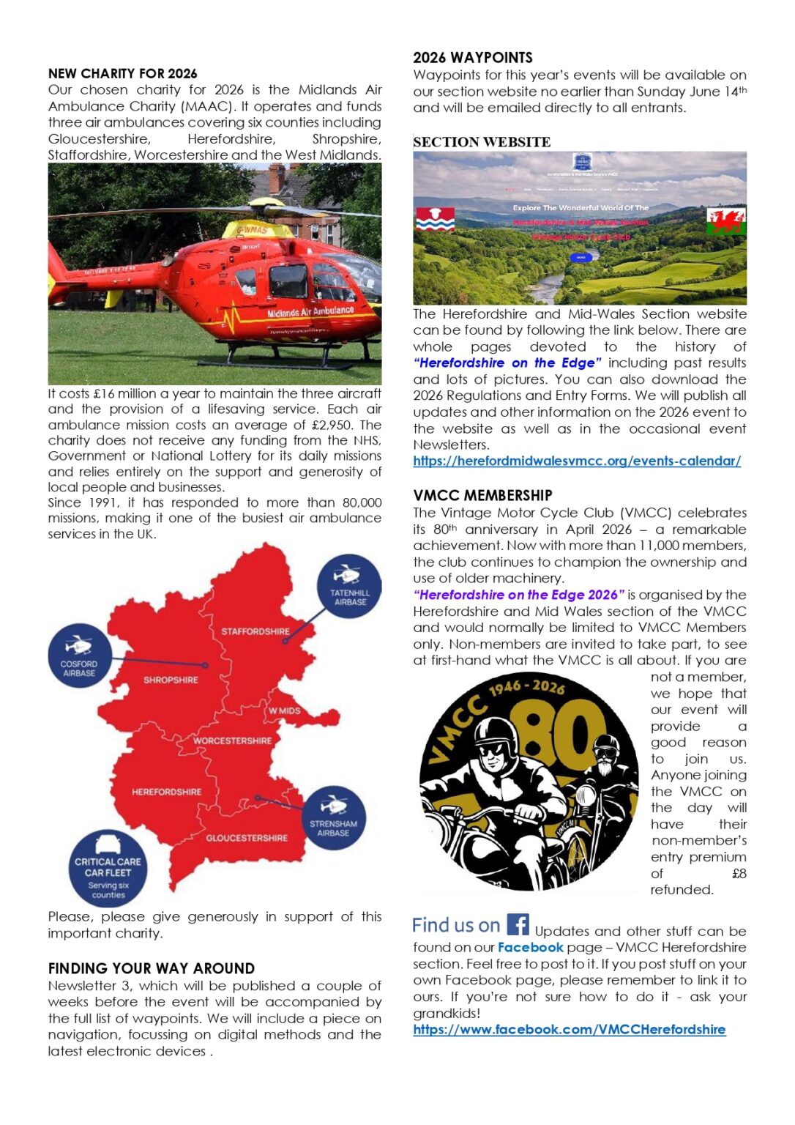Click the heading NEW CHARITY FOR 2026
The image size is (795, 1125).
click(122, 73)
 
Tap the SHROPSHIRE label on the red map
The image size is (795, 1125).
click(171, 680)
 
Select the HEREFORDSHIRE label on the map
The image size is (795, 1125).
click(166, 792)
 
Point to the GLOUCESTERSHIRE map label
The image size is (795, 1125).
click(247, 838)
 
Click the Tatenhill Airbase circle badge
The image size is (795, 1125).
click(350, 587)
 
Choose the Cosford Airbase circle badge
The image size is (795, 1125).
click(79, 656)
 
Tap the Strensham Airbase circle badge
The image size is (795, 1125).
click(333, 818)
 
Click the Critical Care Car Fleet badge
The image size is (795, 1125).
click(108, 869)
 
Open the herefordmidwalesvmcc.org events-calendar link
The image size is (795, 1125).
click(577, 461)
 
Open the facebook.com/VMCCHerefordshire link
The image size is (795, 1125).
click(569, 1029)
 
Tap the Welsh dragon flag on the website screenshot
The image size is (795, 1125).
click(725, 220)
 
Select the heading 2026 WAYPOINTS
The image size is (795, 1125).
click(472, 57)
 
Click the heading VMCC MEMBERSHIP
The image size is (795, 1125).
click(482, 495)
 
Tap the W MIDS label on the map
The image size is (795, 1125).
click(284, 710)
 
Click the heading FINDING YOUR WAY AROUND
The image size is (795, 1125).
click(151, 968)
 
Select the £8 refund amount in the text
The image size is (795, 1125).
click(739, 873)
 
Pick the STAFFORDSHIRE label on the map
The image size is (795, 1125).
click(255, 631)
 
